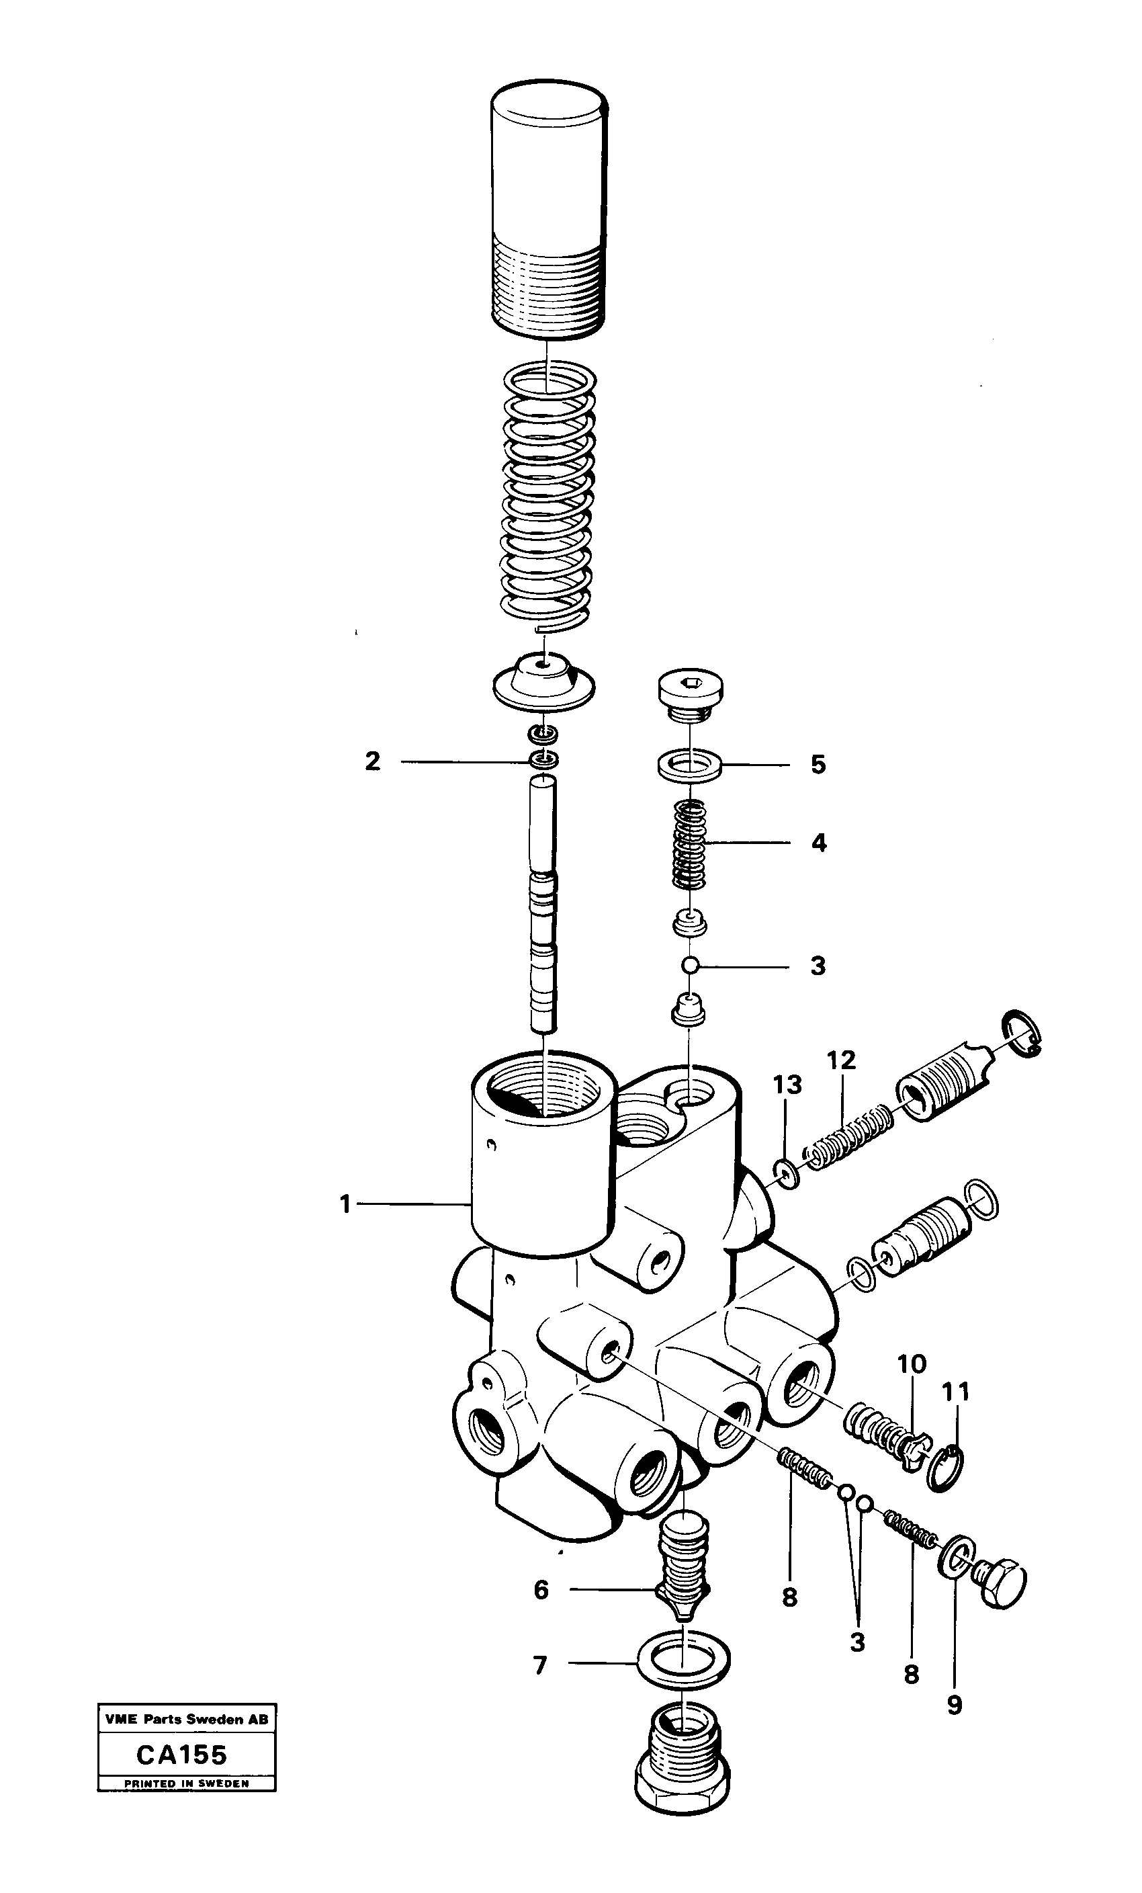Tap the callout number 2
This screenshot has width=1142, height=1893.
pos(372,761)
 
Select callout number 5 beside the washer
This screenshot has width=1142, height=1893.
pos(818,765)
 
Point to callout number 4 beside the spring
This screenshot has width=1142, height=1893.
pos(819,843)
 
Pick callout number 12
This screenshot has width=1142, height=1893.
pos(841,1060)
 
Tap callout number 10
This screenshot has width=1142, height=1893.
pos(912,1364)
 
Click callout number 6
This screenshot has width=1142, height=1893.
pos(541,1589)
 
